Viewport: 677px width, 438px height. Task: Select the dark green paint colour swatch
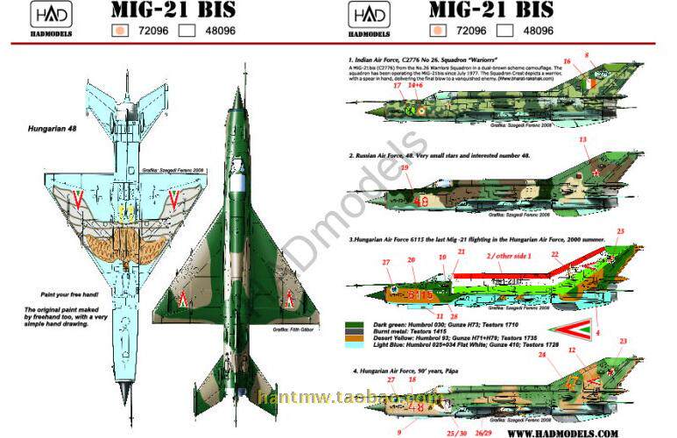pyautogui.click(x=353, y=323)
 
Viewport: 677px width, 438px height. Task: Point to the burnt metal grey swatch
pyautogui.click(x=353, y=333)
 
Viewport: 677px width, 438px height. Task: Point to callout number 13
pyautogui.click(x=582, y=139)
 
